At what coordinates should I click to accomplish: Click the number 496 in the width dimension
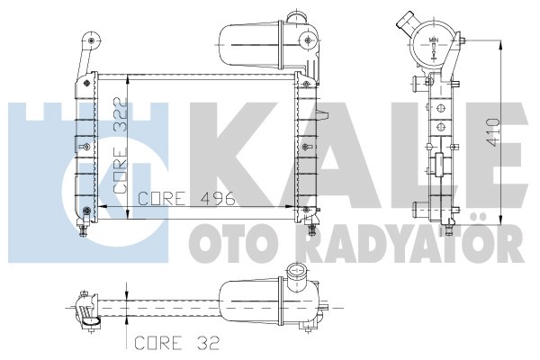pyautogui.click(x=219, y=198)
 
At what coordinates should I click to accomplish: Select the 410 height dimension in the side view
pyautogui.click(x=494, y=132)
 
